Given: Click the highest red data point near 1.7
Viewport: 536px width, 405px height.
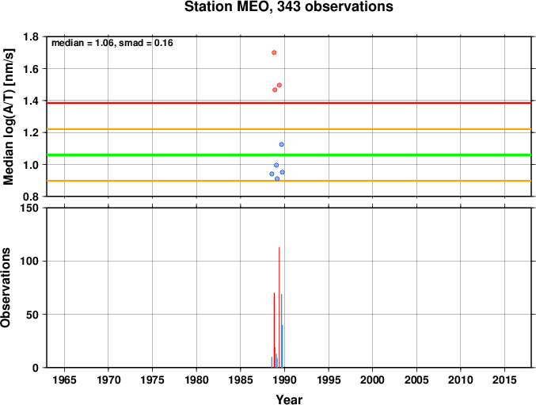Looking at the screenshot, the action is pos(274,52).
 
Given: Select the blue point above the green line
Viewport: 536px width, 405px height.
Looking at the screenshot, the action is pos(281,144).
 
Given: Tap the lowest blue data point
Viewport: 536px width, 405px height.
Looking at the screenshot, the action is pos(277,178).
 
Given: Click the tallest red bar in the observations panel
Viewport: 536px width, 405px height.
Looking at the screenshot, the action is pos(279,308).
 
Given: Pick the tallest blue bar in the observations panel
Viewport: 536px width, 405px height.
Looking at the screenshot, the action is pos(281,330).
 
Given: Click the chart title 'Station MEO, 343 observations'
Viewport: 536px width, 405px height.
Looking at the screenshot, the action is pos(288,7).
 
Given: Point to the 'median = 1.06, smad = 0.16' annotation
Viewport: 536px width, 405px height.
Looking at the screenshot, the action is pos(112,43).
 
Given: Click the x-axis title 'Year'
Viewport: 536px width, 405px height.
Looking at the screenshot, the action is pos(289,399).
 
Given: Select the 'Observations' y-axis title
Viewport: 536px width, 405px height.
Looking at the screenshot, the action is pos(6,288).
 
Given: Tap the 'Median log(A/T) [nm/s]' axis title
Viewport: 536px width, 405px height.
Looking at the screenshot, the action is pos(8,117).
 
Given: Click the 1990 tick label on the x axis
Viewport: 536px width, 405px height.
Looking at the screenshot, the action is pos(284,380).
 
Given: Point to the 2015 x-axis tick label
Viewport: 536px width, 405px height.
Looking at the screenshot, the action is pos(504,380).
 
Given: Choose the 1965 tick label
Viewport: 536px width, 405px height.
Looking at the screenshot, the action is pos(64,380).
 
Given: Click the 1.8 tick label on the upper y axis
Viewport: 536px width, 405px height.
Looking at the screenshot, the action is pos(31,36).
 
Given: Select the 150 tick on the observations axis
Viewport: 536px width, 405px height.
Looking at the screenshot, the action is pos(29,208).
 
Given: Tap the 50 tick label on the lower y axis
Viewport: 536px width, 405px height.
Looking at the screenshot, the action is pos(32,315).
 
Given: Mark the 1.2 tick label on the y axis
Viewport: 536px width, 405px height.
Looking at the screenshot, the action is pos(31,132).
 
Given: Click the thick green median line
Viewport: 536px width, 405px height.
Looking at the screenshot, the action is pos(289,155).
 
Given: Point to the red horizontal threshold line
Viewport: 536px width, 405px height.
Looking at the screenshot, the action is pos(289,102).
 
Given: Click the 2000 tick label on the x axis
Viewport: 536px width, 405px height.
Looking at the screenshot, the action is pos(373,380).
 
